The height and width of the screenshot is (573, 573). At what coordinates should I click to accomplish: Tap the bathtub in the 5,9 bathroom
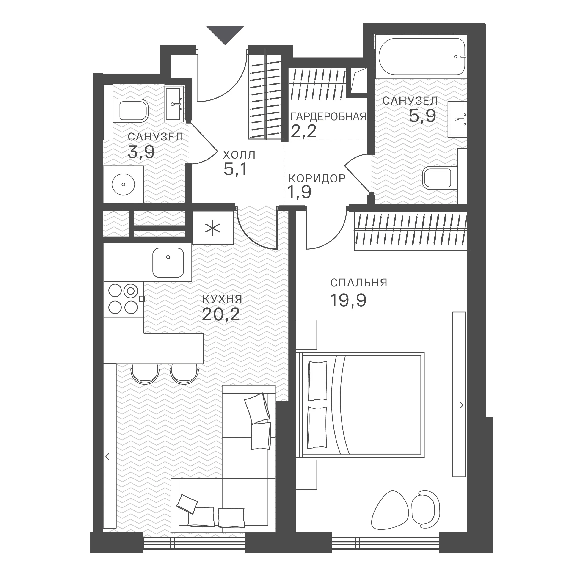(421, 57)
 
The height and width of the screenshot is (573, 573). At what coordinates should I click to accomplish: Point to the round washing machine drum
(123, 184)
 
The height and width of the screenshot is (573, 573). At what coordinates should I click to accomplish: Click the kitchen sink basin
(168, 262)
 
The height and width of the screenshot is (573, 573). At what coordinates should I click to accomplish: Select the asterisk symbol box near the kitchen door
(213, 228)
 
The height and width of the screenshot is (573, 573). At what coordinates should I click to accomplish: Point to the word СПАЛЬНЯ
(359, 283)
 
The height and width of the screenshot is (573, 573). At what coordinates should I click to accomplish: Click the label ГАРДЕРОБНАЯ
(329, 117)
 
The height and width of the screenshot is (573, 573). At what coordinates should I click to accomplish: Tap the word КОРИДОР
(317, 179)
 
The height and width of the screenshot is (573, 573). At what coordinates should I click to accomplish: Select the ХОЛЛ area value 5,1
(235, 169)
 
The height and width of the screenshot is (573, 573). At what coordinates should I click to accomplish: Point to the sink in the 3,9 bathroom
(174, 104)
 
